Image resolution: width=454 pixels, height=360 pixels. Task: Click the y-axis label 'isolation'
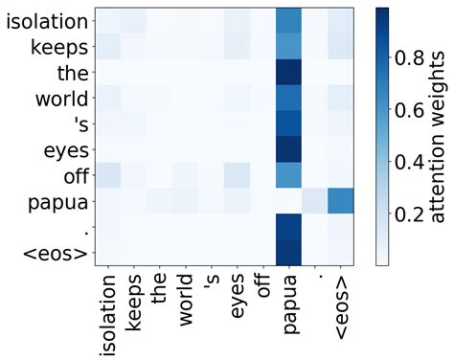(48, 20)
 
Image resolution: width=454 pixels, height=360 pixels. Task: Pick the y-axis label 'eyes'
(64, 149)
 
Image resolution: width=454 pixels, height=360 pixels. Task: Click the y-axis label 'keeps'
(60, 46)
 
